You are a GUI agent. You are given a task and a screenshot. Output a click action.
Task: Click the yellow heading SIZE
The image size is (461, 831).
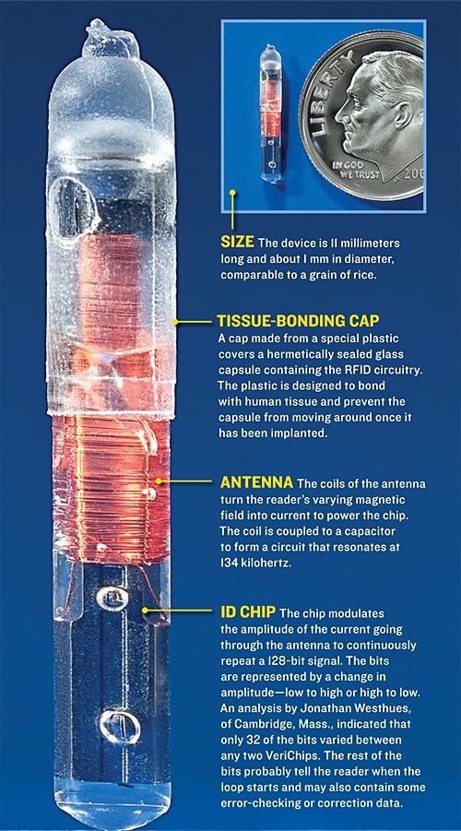pyautogui.click(x=237, y=243)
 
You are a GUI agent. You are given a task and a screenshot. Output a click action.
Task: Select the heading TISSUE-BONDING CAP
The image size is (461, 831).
pyautogui.click(x=300, y=321)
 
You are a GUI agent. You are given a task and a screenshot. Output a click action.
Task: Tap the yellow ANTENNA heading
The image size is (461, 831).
pyautogui.click(x=256, y=482)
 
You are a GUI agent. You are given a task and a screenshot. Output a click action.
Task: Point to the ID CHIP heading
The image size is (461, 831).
pyautogui.click(x=248, y=612)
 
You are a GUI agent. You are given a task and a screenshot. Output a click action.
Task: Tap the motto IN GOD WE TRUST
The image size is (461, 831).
pyautogui.click(x=352, y=170)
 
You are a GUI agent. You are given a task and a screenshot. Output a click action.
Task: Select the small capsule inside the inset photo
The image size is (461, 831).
pyautogui.click(x=271, y=113)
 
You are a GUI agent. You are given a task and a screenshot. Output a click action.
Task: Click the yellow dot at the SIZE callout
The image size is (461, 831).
pyautogui.click(x=231, y=194)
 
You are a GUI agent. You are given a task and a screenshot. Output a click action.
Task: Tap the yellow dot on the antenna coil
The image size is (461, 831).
pyautogui.click(x=158, y=481)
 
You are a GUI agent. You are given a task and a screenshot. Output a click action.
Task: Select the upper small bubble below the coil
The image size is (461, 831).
pyautogui.click(x=112, y=599)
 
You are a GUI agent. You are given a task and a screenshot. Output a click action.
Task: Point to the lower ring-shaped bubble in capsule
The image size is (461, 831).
pyautogui.click(x=120, y=726)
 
